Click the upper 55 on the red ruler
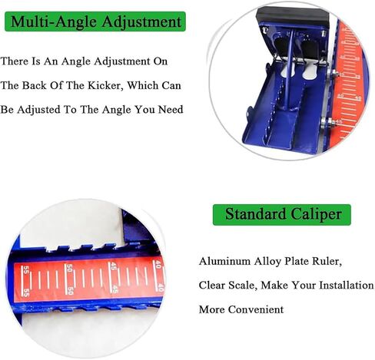click(25, 271)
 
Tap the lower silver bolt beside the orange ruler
click(330, 121)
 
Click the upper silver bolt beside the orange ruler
click(335, 74)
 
